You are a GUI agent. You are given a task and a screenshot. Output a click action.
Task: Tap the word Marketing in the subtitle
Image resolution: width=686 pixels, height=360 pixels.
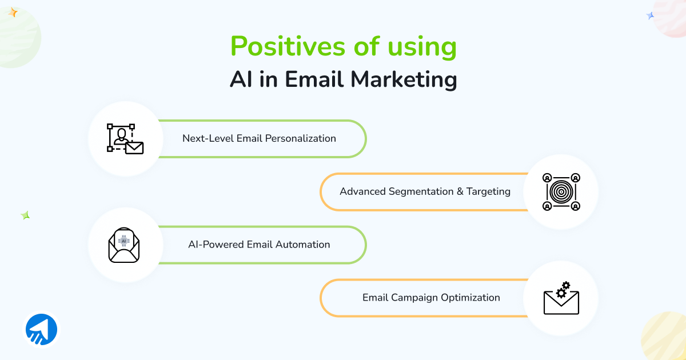[x=404, y=79]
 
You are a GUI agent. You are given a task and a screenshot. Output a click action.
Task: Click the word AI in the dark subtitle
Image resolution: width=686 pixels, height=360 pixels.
[x=241, y=79]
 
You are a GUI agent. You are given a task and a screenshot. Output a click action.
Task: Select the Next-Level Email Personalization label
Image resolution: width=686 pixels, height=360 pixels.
[x=259, y=138]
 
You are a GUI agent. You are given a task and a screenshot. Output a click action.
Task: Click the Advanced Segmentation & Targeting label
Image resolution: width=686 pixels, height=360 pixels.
[x=425, y=191]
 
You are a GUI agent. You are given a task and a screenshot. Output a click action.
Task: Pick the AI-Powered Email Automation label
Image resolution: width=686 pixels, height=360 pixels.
[x=259, y=245]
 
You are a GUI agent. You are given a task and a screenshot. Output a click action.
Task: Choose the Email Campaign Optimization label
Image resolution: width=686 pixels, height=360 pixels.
[x=431, y=298]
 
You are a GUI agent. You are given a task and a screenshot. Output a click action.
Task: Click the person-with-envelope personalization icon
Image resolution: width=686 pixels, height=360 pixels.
[x=125, y=138]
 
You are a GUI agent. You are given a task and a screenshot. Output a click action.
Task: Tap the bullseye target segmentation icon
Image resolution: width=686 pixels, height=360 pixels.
[x=561, y=192]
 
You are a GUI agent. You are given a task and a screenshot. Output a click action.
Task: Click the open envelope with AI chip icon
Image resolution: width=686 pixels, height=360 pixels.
[x=124, y=245]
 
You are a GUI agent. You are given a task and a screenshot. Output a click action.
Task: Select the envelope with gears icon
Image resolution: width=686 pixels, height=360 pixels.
[x=561, y=298]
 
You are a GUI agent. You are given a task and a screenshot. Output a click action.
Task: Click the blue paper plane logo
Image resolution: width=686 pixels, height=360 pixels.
[x=41, y=330]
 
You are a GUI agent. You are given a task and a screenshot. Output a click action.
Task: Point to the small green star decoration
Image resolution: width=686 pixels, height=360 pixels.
[x=25, y=215]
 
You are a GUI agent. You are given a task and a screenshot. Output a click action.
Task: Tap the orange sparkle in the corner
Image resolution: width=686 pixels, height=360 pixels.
[x=13, y=12]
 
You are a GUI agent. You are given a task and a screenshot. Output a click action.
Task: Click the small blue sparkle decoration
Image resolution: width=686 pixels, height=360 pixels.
[x=650, y=16]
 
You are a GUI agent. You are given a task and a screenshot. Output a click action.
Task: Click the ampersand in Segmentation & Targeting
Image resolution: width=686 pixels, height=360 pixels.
[x=460, y=191]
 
